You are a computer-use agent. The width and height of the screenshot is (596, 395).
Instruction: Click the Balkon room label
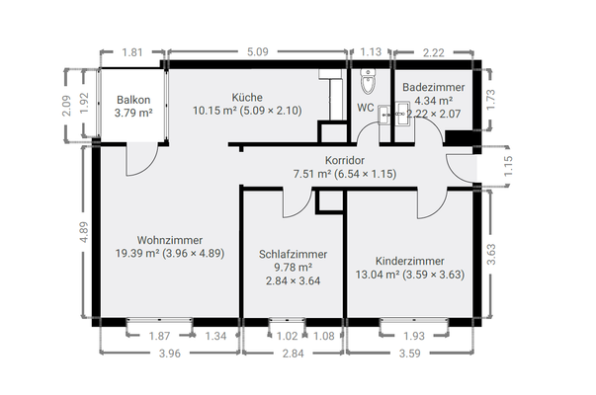pos(133,100)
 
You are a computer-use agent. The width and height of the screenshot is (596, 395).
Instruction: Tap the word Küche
pos(247,97)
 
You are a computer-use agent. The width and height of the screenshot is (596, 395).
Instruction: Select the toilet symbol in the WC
pos(368,81)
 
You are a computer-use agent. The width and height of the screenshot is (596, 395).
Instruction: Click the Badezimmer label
pos(434,87)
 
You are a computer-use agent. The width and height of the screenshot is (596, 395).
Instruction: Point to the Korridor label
pos(345,160)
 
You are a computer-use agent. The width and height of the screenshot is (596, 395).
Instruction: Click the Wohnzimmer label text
pos(170,240)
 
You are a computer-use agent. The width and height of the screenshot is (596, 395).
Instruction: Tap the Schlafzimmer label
pos(294,254)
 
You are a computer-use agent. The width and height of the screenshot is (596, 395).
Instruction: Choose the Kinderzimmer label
pos(410,261)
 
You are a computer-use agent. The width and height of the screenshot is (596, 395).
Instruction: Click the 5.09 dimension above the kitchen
pos(258,51)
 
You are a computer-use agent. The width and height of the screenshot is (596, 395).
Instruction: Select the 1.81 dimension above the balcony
pos(132,52)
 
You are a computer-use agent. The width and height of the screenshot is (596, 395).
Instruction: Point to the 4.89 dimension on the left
pos(84,232)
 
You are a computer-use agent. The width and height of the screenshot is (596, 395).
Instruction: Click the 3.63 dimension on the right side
pos(491,254)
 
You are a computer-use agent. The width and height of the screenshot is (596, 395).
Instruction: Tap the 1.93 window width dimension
pos(414,336)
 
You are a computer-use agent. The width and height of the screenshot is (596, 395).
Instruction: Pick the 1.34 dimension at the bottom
pos(215,336)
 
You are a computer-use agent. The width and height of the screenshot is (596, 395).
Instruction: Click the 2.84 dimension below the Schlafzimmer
pos(294,354)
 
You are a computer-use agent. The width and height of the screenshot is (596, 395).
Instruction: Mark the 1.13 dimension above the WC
pos(371,51)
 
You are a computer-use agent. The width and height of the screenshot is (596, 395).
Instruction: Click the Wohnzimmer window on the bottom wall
pos(159,321)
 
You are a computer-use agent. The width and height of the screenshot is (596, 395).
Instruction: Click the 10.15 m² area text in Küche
pos(214,111)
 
